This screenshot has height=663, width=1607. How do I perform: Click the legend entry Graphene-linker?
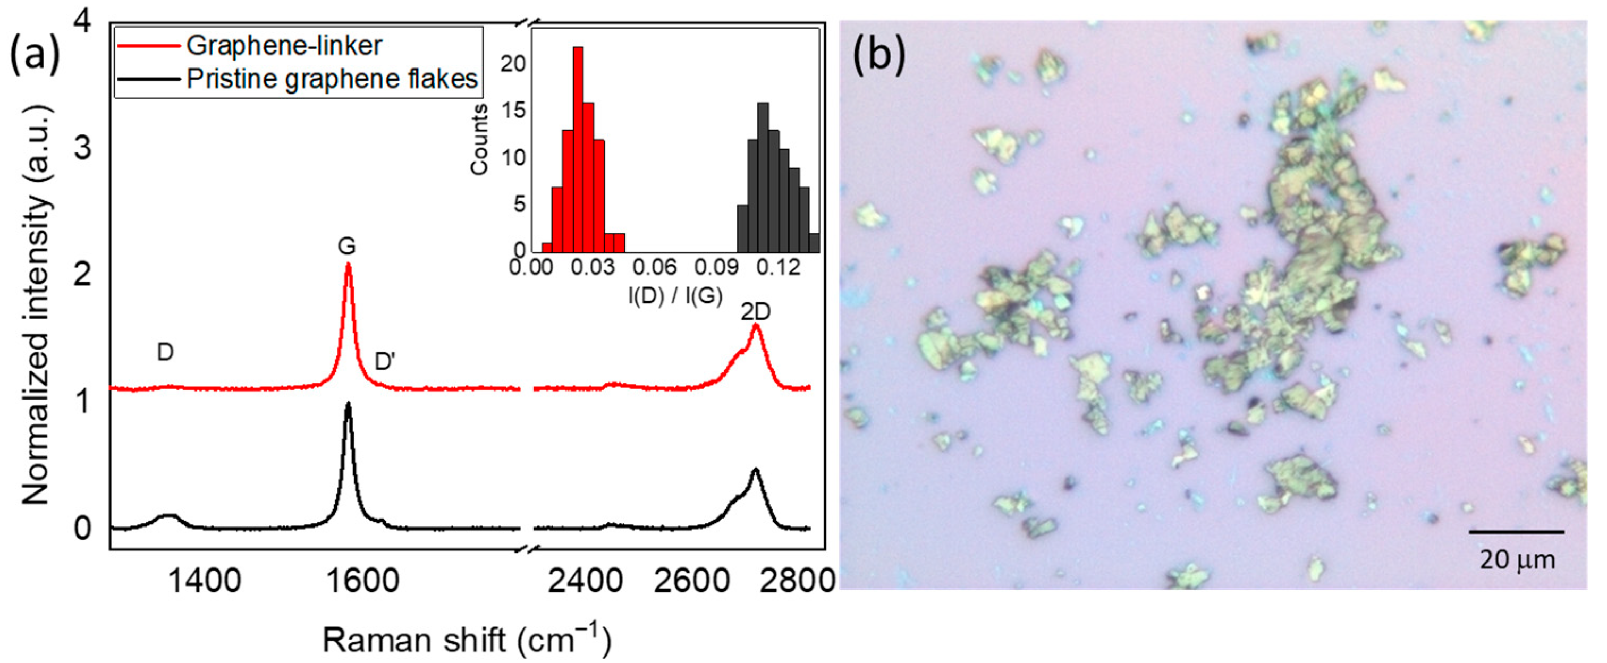tap(284, 46)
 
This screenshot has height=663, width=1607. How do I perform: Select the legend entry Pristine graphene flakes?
tap(332, 79)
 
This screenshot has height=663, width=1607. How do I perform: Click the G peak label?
tap(346, 246)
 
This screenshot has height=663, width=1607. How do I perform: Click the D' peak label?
tap(384, 362)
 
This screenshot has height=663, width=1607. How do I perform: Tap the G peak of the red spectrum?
tap(348, 265)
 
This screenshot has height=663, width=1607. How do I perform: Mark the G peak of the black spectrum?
tap(348, 405)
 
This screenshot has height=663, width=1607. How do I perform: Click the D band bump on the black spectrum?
tap(168, 516)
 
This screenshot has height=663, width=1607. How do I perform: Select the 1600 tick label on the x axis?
tap(362, 581)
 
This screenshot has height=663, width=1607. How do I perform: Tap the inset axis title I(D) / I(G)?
tap(675, 295)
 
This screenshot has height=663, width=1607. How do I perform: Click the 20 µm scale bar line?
tap(1517, 532)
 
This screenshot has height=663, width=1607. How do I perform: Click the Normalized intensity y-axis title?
tap(36, 305)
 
